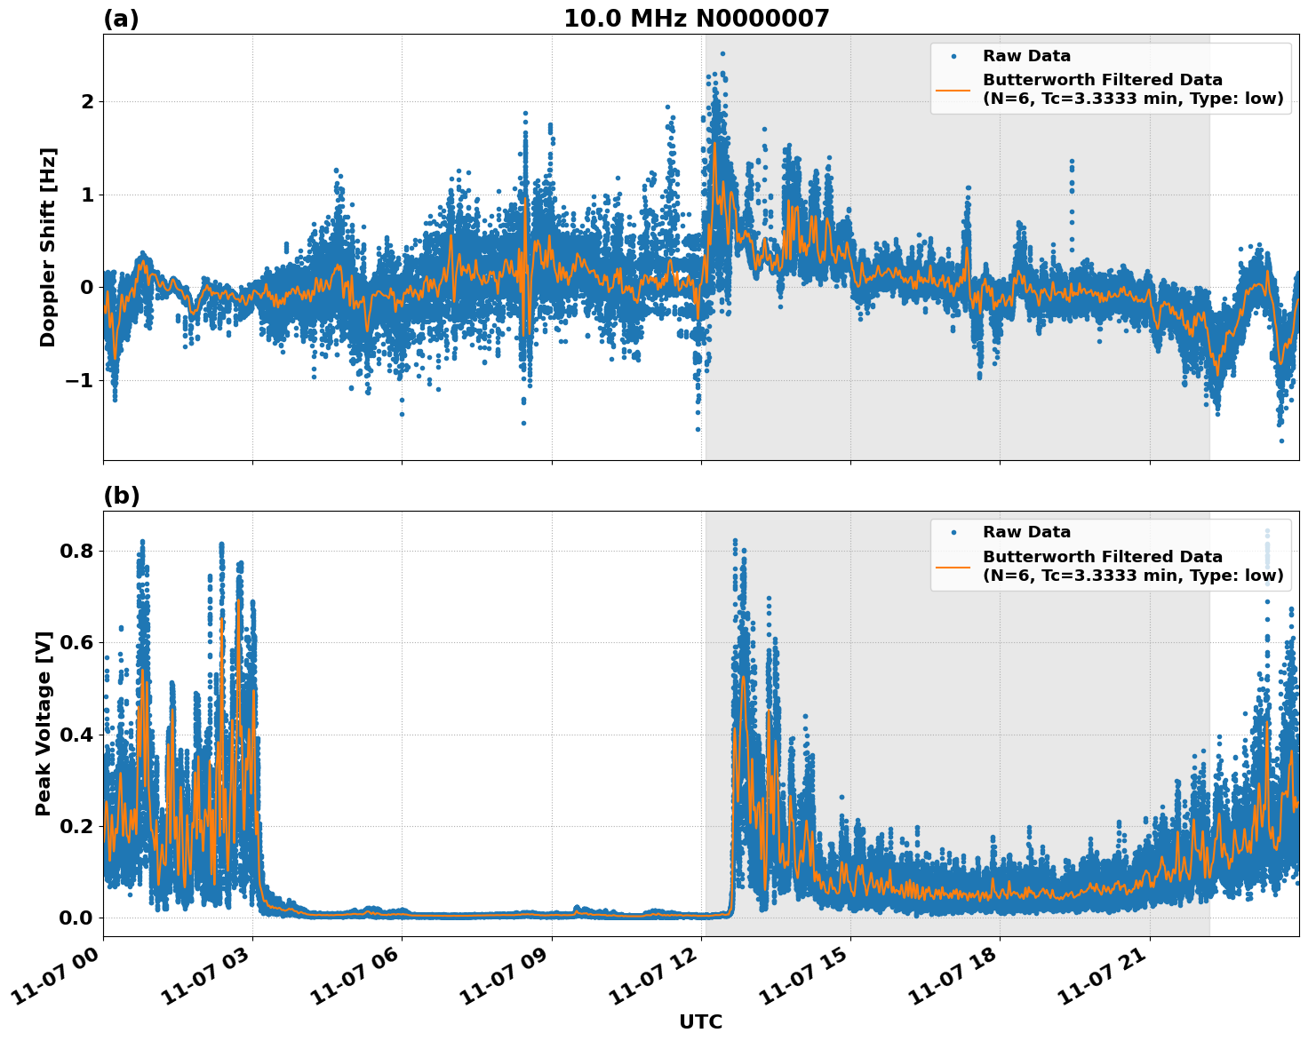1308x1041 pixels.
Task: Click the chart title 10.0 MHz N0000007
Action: click(x=696, y=19)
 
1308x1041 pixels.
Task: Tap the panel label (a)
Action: click(x=121, y=19)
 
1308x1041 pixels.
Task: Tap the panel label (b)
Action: click(x=121, y=496)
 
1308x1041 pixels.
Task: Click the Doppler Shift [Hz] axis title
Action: click(x=48, y=247)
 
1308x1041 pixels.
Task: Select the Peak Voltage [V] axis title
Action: click(x=44, y=723)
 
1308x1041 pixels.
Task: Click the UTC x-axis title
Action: click(x=700, y=1021)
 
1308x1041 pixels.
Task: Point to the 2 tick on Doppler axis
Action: click(x=87, y=102)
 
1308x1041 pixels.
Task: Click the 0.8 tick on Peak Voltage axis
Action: click(x=76, y=552)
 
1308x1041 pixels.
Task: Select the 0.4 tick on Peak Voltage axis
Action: click(x=76, y=735)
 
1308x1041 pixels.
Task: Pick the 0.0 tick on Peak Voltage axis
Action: click(x=76, y=918)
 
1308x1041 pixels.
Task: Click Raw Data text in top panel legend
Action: click(x=1026, y=56)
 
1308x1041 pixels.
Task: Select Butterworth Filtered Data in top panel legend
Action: click(x=1102, y=80)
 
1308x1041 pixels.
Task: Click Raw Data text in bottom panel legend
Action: click(x=1026, y=532)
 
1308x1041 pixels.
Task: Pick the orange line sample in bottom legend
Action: click(x=953, y=566)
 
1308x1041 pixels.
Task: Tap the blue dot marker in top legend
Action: click(x=953, y=57)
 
